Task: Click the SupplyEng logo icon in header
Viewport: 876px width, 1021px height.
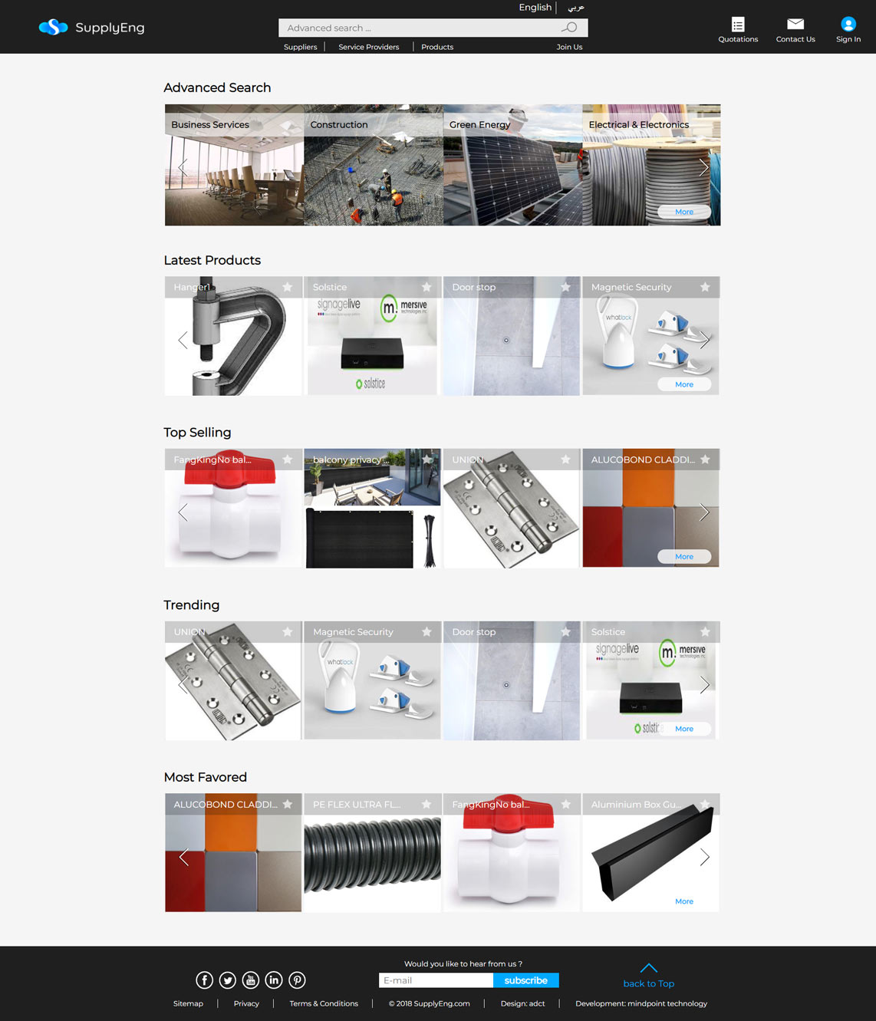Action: [x=53, y=28]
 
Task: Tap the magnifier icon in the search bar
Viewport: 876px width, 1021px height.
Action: [x=569, y=28]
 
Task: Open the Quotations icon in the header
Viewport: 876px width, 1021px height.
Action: [x=738, y=25]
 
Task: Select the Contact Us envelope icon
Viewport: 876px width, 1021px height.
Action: [x=795, y=25]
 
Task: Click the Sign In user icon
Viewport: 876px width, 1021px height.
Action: [x=848, y=25]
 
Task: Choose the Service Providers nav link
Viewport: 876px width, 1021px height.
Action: [x=369, y=47]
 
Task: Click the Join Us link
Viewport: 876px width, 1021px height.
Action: [x=569, y=47]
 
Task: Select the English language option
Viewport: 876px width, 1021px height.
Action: [x=535, y=8]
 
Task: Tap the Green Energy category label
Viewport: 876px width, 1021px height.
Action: [x=479, y=124]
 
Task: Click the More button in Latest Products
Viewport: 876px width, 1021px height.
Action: [x=684, y=384]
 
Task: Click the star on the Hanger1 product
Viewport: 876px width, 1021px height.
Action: [x=288, y=287]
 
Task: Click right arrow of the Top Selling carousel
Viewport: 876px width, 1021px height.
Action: [x=704, y=512]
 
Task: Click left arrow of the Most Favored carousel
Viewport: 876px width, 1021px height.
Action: [x=183, y=857]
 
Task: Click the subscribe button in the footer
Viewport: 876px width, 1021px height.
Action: [x=525, y=980]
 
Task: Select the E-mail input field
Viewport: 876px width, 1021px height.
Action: [x=436, y=980]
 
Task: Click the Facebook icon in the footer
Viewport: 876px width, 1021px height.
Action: [x=204, y=980]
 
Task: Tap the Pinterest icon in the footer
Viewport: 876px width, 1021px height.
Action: [x=297, y=980]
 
